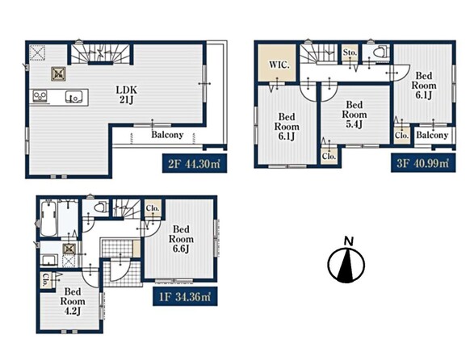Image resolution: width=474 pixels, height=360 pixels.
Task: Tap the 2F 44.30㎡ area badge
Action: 195,164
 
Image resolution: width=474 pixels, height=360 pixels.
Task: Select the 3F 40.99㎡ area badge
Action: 423,163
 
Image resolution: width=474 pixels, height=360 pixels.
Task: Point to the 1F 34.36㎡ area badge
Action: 185,297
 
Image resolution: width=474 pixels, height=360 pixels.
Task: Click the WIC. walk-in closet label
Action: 279,65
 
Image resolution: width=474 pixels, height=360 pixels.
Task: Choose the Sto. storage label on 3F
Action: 350,52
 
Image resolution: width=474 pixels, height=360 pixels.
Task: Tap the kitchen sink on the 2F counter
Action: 73,97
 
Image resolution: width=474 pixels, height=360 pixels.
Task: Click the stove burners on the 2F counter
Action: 40,96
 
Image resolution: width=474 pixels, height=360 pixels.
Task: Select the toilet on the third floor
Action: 380,52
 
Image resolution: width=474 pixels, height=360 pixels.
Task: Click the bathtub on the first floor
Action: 48,218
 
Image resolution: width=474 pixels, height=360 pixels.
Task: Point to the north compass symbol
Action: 346,265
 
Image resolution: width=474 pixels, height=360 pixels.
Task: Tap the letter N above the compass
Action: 349,241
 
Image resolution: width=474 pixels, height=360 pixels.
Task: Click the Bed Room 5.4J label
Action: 354,115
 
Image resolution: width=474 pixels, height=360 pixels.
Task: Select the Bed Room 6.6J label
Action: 181,239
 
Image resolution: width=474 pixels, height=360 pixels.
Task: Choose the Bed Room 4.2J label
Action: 73,301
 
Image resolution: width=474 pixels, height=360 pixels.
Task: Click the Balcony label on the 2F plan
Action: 167,135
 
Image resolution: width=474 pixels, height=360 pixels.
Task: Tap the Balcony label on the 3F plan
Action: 432,135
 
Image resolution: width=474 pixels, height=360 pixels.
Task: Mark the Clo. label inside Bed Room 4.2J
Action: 44,280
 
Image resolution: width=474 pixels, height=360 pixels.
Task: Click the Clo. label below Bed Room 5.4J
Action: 329,157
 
